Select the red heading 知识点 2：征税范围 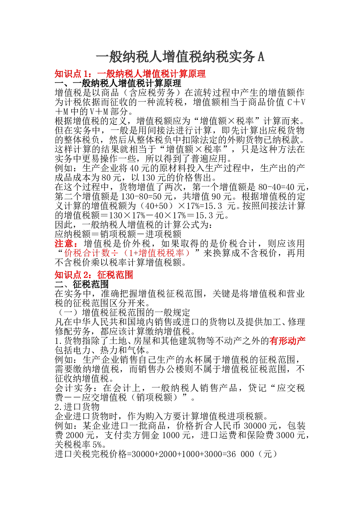(94, 275)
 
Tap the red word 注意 (64, 243)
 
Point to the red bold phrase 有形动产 (287, 341)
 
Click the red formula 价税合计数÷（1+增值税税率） (127, 253)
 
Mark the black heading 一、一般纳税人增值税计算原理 (118, 83)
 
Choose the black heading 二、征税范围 (82, 284)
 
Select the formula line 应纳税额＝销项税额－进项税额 (118, 234)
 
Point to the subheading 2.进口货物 (77, 407)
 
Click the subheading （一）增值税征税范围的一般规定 (123, 312)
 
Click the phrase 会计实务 (73, 388)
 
